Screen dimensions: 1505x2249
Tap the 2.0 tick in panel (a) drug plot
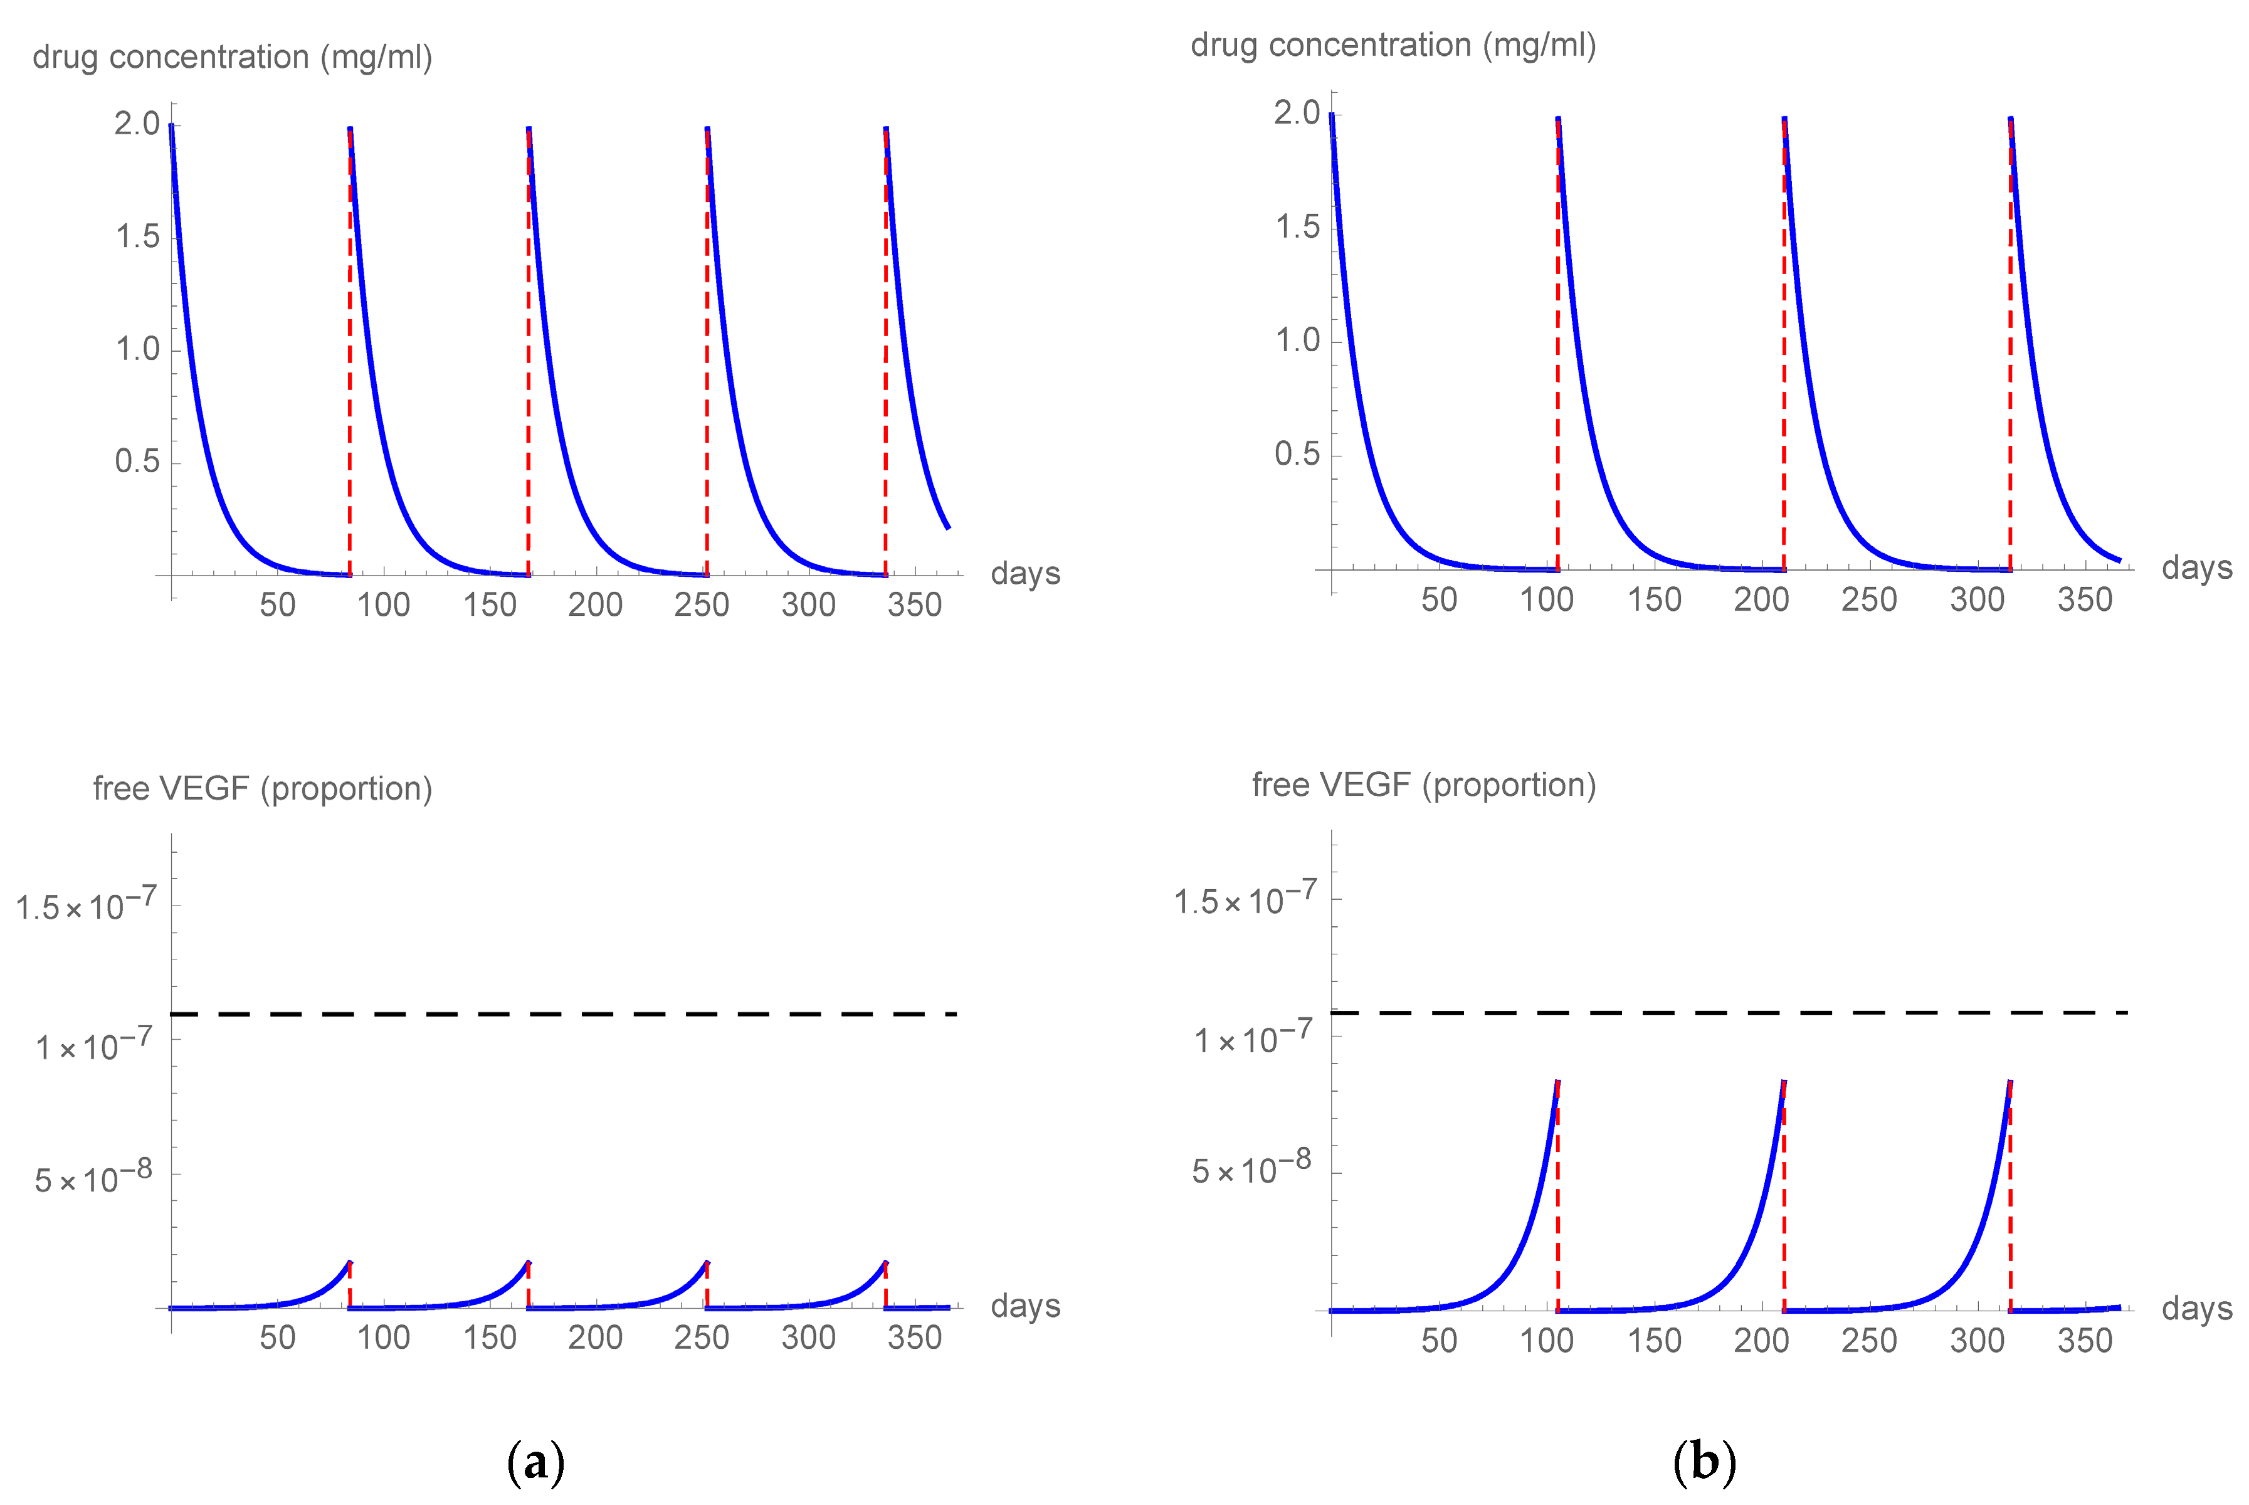(137, 123)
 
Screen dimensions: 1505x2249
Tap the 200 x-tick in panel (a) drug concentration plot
(595, 605)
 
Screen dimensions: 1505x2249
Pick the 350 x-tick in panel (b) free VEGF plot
(2085, 1340)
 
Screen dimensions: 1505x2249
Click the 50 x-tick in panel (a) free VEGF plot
(277, 1337)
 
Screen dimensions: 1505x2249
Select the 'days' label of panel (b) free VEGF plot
(2197, 1308)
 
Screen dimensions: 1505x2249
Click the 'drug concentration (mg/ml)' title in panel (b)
(1393, 45)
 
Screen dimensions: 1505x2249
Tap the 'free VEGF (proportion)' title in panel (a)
(262, 788)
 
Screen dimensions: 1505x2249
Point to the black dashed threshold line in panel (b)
(1727, 1013)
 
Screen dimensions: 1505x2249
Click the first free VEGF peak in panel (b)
(1556, 1083)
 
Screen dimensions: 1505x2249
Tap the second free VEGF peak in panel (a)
(528, 1263)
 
